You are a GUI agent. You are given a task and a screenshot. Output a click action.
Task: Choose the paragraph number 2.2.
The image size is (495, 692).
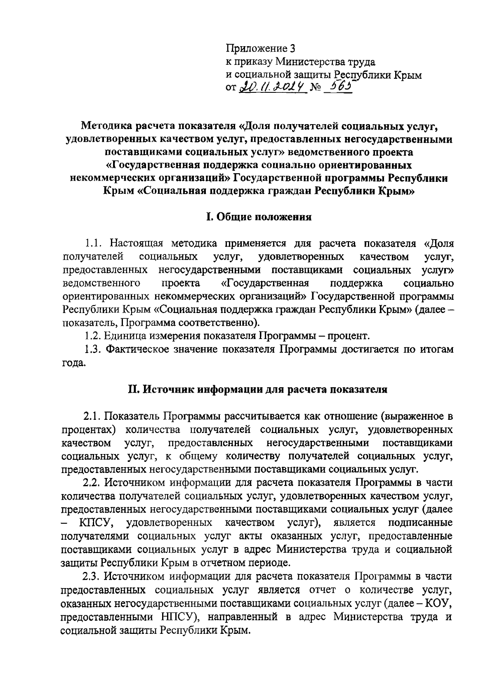(x=92, y=483)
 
